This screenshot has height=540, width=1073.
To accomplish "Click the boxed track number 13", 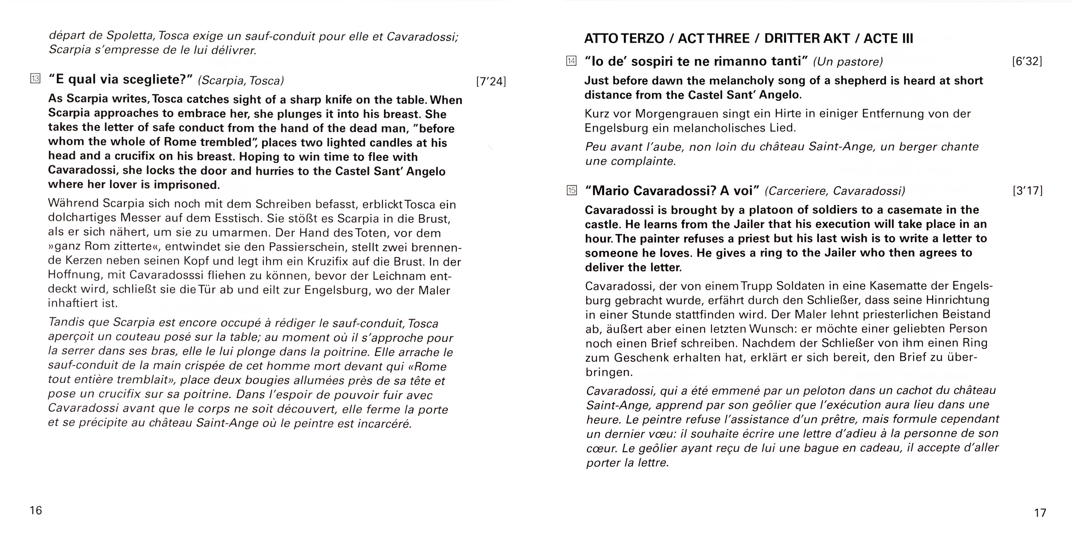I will pos(35,78).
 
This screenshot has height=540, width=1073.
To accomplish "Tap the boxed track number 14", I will pos(571,61).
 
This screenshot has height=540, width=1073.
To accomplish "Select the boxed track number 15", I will pos(572,190).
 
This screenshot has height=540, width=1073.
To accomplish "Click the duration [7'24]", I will pos(491,81).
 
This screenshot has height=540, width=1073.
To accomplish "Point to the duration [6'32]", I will pos(1027,61).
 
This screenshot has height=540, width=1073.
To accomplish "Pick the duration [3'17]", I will pos(1027,191).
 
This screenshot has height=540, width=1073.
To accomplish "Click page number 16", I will pos(36,510).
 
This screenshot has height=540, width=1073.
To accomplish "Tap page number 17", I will pos(1040,513).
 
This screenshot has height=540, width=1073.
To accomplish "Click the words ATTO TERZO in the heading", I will pos(624,38).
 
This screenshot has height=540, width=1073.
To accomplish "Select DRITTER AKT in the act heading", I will pos(807,38).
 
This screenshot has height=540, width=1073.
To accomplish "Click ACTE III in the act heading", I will pos(888,38).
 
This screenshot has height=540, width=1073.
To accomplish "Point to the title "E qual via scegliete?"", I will pos(120,79).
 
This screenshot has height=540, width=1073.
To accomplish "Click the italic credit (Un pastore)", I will pos(848,62).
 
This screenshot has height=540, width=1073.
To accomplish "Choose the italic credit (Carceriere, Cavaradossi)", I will pos(835,191).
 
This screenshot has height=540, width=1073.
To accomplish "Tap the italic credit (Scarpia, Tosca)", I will pos(241,80).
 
